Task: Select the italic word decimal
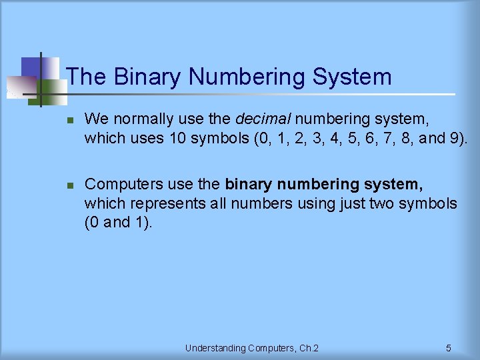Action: [263, 120]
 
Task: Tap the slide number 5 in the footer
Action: [448, 348]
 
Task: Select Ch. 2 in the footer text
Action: [308, 348]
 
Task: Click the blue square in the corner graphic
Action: [32, 67]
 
